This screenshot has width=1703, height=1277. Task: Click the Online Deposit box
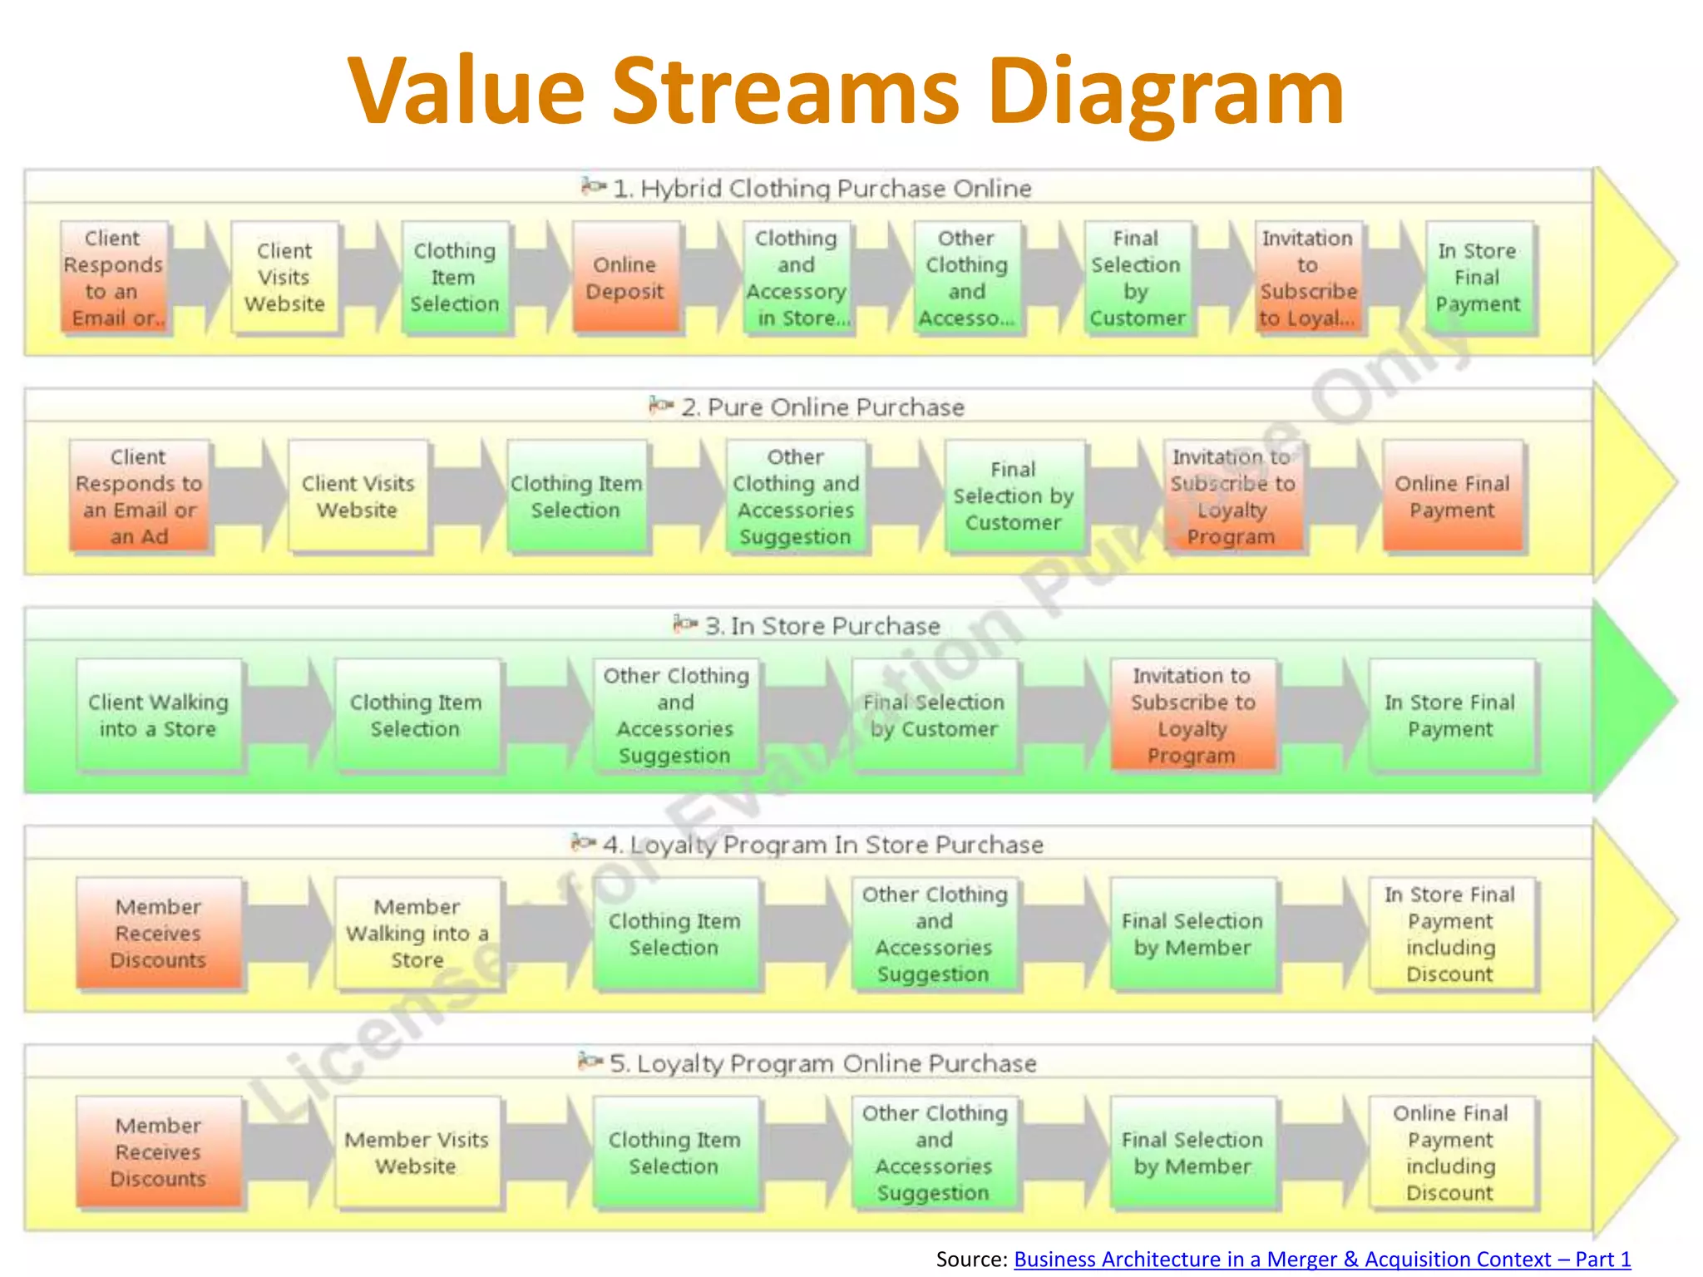click(x=625, y=278)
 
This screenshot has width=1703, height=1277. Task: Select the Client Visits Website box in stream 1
click(x=284, y=278)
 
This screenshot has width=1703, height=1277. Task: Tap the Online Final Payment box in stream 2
click(x=1452, y=496)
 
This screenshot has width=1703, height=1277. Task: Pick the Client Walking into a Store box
click(x=158, y=715)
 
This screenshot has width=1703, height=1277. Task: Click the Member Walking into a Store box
click(x=417, y=933)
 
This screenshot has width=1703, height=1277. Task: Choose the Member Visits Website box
click(x=417, y=1152)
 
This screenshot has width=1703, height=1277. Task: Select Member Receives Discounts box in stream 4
click(x=158, y=933)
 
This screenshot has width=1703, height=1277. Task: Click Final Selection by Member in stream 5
click(x=1192, y=1152)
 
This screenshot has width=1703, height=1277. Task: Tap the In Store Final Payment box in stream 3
click(x=1450, y=715)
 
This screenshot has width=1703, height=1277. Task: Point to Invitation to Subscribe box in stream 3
click(x=1192, y=715)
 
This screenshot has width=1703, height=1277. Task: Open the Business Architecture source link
click(x=1322, y=1260)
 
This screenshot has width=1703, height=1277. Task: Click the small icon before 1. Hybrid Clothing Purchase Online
click(x=593, y=186)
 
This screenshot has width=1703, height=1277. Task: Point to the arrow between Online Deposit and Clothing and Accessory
click(x=712, y=278)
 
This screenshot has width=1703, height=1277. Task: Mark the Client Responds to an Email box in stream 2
click(x=139, y=496)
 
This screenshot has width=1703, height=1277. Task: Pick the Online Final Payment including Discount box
click(x=1450, y=1152)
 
